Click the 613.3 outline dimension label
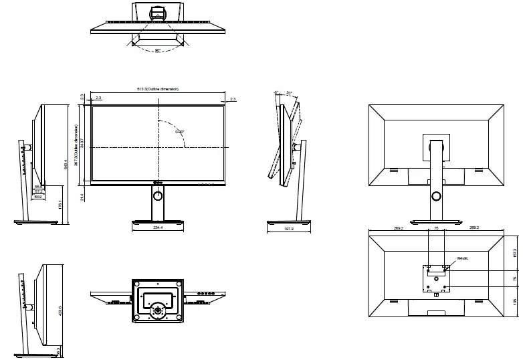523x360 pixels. coord(158,89)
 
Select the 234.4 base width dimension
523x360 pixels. coord(158,228)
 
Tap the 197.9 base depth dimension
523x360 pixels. coord(289,228)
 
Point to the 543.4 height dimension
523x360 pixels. coord(65,163)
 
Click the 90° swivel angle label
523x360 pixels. coord(158,50)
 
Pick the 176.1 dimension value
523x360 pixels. coord(60,204)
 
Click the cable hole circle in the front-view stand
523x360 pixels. coord(158,195)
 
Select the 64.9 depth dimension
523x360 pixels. coord(39,197)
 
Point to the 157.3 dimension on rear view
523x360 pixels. coord(514,252)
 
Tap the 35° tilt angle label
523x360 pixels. coord(290,93)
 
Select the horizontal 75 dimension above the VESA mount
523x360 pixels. coord(436,228)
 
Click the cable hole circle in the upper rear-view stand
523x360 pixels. coord(436,196)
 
